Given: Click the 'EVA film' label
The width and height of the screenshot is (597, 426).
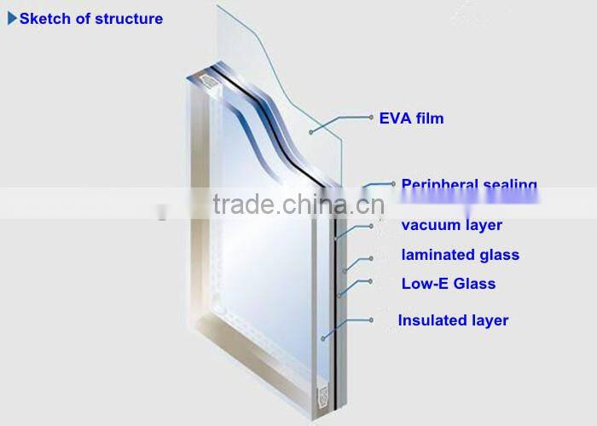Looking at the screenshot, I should click(411, 118).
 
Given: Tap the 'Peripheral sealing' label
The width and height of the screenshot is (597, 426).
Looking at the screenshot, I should click(469, 184).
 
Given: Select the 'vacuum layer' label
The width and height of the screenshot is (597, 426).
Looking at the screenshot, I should click(451, 226).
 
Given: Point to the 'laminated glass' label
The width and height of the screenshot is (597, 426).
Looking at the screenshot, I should click(460, 255).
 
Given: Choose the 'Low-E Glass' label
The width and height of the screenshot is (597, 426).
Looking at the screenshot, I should click(448, 284).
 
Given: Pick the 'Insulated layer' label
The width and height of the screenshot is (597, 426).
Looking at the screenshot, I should click(453, 320).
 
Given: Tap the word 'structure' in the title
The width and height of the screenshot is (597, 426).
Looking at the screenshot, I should click(128, 18).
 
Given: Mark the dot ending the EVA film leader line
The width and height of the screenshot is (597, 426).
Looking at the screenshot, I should click(311, 130).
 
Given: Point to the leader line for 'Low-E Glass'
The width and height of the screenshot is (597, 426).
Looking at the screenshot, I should click(355, 286).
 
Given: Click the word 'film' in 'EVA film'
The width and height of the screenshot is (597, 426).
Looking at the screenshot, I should click(429, 118).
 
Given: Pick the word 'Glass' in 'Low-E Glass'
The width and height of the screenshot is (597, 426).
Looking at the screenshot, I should click(476, 284).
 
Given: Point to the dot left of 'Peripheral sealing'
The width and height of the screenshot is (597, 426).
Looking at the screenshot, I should click(392, 183).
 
